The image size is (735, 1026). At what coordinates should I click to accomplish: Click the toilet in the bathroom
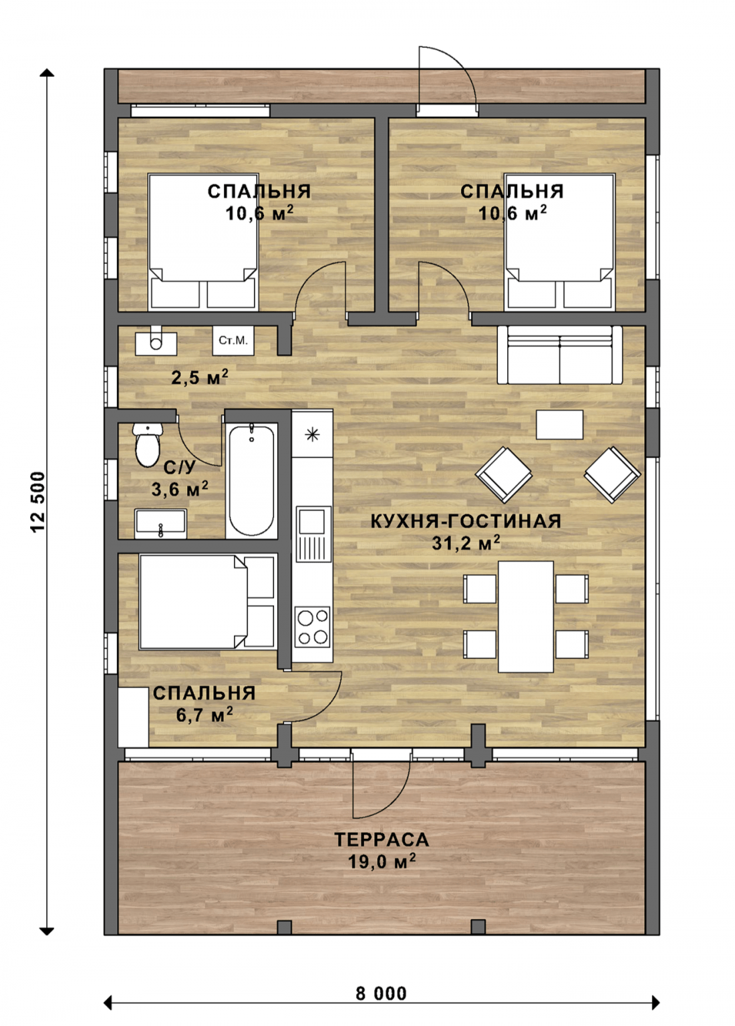(x=148, y=444)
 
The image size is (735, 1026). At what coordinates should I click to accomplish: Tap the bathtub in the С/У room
(x=251, y=480)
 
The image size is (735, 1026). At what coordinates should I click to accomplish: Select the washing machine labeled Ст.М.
(x=233, y=340)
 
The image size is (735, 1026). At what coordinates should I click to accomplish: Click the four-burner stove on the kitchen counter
(x=313, y=627)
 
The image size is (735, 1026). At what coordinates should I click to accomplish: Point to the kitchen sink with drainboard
(x=313, y=534)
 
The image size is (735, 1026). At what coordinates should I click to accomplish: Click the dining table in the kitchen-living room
(x=526, y=617)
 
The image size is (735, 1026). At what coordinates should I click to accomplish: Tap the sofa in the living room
(x=559, y=355)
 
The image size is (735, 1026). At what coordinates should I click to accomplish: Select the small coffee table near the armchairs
(x=560, y=425)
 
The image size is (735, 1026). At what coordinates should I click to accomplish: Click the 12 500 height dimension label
(x=39, y=502)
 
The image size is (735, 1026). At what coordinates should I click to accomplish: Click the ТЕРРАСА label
(x=382, y=840)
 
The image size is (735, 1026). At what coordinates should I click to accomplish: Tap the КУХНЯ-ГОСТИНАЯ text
(x=466, y=521)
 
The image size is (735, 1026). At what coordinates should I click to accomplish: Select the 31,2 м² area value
(x=466, y=543)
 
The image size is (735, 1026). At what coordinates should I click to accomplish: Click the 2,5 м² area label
(x=200, y=377)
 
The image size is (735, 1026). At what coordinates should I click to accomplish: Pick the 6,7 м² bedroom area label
(x=204, y=715)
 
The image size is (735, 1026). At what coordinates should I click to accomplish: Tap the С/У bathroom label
(x=179, y=468)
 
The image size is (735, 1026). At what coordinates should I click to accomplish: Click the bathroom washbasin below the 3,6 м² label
(x=160, y=524)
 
